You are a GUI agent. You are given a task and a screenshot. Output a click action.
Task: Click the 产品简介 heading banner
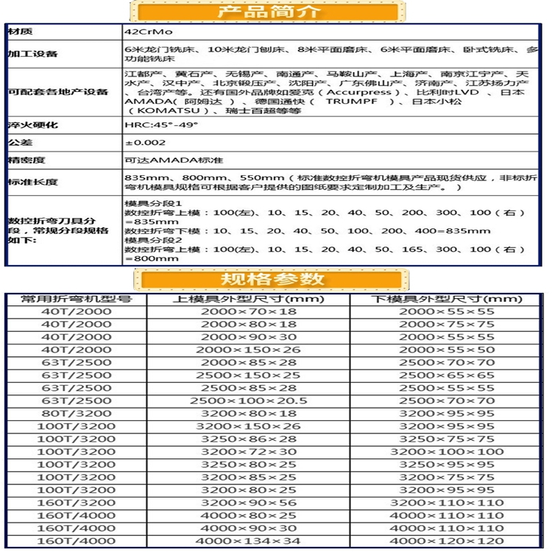coord(267,13)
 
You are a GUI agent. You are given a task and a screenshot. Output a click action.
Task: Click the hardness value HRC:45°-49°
coord(151,125)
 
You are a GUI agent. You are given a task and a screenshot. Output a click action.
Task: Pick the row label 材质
coord(20,33)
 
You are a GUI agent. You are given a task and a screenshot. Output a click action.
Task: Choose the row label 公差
coord(20,142)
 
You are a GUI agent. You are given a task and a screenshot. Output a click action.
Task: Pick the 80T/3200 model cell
coord(77,414)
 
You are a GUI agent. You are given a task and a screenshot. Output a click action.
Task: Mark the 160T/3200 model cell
coord(77,502)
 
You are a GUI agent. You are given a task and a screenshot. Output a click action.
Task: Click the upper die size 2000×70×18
coord(248,311)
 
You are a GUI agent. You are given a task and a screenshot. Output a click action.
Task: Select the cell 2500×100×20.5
coord(248,401)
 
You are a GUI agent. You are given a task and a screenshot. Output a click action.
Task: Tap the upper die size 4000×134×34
coord(248,541)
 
